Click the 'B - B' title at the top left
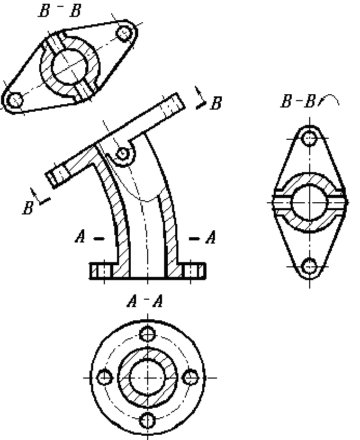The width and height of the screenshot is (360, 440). [x=60, y=11]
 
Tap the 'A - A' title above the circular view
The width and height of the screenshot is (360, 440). [x=145, y=301]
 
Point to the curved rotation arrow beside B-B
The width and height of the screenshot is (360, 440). [x=329, y=100]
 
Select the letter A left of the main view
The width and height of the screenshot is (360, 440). [x=80, y=236]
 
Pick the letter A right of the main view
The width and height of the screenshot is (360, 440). [x=211, y=237]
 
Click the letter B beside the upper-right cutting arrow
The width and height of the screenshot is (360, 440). [x=216, y=103]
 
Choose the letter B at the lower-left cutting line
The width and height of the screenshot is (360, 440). [x=28, y=208]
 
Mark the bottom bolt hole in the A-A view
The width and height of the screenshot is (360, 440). [x=148, y=420]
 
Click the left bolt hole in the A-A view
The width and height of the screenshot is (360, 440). [x=105, y=378]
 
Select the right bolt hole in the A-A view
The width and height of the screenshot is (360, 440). [x=191, y=378]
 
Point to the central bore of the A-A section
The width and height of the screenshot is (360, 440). [x=148, y=378]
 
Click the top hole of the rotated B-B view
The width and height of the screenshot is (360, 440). [x=310, y=138]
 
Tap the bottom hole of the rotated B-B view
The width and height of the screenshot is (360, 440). [x=310, y=266]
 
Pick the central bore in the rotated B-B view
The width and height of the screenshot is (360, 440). [x=310, y=202]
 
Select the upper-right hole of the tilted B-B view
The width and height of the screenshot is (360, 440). [x=124, y=33]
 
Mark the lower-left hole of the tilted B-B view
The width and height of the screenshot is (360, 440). [x=15, y=100]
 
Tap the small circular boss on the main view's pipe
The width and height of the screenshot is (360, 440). [x=123, y=153]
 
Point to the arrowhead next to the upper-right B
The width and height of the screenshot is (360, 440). [x=201, y=105]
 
